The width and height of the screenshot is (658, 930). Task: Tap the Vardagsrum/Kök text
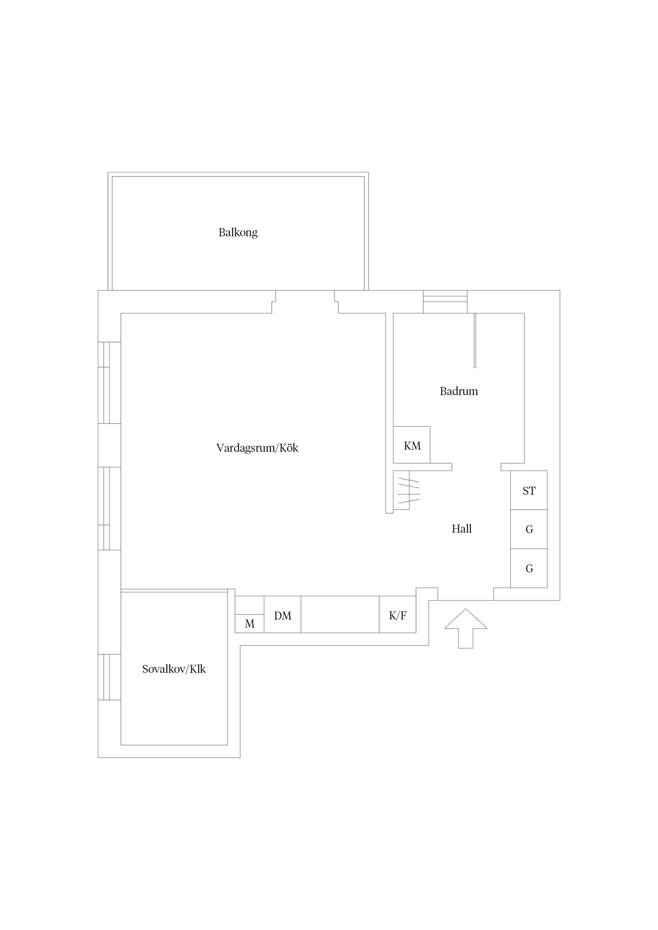(257, 448)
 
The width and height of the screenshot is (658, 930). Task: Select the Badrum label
(459, 391)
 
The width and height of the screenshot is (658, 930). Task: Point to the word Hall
(461, 529)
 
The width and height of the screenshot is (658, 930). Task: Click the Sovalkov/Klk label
(174, 669)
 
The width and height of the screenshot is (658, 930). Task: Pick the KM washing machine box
(412, 445)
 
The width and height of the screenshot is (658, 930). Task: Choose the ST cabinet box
(529, 491)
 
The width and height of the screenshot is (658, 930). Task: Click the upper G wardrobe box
(529, 529)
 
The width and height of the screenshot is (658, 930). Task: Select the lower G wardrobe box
(529, 568)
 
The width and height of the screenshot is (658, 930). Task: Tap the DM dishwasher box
(283, 616)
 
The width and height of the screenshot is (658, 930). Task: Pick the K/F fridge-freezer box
(397, 616)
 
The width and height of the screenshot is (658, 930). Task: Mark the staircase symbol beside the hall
(407, 491)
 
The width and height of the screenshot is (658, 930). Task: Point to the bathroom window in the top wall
(445, 302)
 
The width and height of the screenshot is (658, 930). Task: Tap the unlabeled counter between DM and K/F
(340, 614)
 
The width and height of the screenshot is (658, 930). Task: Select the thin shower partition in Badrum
(475, 340)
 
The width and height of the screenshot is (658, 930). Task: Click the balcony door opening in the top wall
(305, 302)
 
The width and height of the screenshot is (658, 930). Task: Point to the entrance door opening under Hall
(465, 600)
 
